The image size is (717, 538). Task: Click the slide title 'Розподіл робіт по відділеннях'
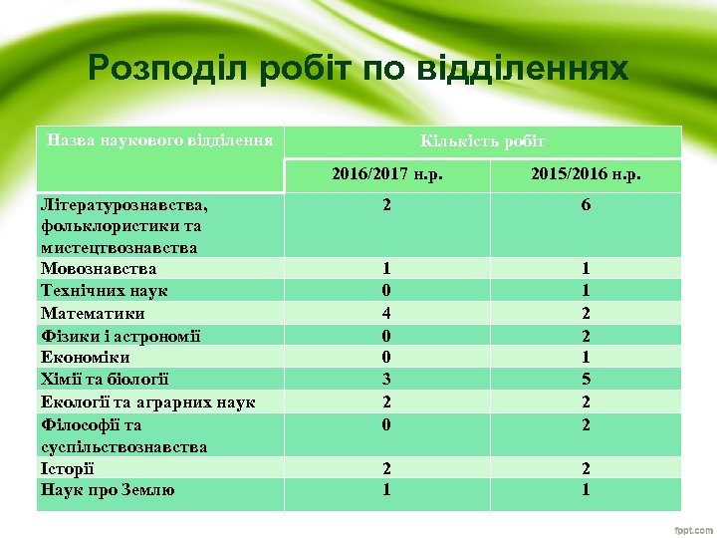pyautogui.click(x=358, y=68)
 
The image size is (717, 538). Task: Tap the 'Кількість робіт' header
pyautogui.click(x=483, y=141)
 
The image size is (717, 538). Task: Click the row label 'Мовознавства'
pyautogui.click(x=99, y=268)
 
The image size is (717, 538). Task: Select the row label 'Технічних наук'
pyautogui.click(x=104, y=290)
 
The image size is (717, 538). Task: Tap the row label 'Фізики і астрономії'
pyautogui.click(x=120, y=335)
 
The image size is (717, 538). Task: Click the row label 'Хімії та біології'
pyautogui.click(x=105, y=379)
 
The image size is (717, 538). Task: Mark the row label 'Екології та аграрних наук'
pyautogui.click(x=147, y=402)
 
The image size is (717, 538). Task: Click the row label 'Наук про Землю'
pyautogui.click(x=107, y=489)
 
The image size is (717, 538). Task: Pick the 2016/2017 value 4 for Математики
pyautogui.click(x=386, y=313)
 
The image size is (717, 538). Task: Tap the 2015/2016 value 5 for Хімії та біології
pyautogui.click(x=586, y=379)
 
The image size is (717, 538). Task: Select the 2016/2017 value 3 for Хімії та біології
pyautogui.click(x=386, y=379)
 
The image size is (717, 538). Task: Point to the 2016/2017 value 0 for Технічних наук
pyautogui.click(x=386, y=290)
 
